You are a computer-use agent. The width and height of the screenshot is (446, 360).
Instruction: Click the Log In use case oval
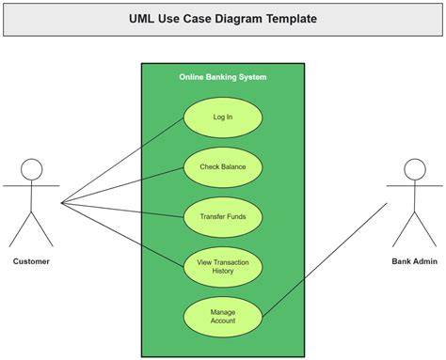tap(223, 117)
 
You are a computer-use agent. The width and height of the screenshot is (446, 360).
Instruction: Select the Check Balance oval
tap(223, 167)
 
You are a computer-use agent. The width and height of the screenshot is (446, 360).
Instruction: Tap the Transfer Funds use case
tap(223, 217)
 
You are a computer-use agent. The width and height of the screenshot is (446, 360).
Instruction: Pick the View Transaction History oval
tap(223, 267)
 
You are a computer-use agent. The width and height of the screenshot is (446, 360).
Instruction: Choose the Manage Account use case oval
tap(223, 317)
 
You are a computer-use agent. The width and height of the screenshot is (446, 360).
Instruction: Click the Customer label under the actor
tap(31, 261)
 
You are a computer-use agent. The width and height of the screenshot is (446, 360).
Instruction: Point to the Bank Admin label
tap(414, 261)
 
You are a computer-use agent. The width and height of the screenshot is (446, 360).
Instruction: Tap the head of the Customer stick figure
tap(32, 169)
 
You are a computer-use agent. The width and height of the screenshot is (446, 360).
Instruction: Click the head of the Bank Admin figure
tap(415, 169)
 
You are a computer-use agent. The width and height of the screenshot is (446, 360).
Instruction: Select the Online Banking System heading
tap(223, 77)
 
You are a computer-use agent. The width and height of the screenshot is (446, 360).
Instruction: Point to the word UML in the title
tap(141, 19)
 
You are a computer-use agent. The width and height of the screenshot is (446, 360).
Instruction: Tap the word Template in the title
tap(292, 19)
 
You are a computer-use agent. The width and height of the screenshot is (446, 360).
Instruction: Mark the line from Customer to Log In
tap(122, 161)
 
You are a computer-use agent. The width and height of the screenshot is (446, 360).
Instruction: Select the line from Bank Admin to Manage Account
tap(325, 259)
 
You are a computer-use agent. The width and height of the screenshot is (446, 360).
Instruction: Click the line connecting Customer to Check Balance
tap(122, 185)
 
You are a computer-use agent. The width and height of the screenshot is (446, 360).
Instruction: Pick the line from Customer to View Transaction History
tap(122, 235)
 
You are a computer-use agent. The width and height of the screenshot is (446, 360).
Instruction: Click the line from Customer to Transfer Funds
tap(122, 210)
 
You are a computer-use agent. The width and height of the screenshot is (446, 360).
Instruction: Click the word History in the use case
tap(223, 271)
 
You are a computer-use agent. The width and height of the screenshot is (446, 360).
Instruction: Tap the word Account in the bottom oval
tap(223, 321)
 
